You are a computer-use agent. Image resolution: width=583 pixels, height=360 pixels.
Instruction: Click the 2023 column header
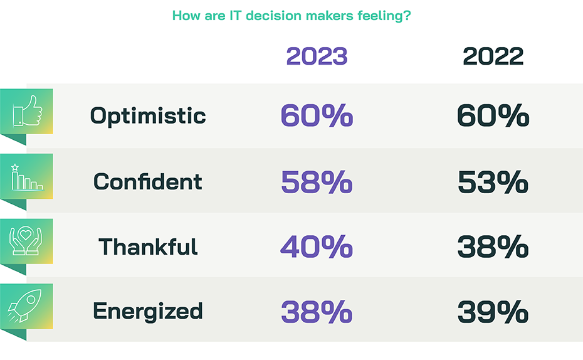[317, 56]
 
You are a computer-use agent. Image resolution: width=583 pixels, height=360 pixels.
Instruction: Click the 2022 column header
[493, 56]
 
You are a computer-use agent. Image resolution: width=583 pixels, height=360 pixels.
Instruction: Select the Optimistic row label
[148, 116]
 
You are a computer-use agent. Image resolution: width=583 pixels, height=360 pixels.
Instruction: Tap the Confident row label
[148, 182]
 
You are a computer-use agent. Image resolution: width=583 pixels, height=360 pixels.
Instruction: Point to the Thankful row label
[148, 246]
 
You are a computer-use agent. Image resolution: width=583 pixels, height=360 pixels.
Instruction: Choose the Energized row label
[148, 311]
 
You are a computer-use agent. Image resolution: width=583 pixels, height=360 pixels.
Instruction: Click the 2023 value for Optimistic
[317, 117]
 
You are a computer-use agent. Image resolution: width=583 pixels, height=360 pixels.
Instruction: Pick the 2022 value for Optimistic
[493, 117]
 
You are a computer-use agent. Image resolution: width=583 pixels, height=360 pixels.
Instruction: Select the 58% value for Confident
[317, 182]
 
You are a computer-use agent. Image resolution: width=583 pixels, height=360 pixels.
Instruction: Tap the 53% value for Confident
[493, 182]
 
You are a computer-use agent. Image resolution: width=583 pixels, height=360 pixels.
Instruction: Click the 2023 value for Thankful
[317, 247]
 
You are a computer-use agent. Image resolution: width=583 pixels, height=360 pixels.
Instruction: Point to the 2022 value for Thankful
[493, 247]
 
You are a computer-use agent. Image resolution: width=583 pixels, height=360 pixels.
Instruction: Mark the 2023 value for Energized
[317, 312]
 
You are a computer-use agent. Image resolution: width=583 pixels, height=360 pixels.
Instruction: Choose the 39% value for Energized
[493, 312]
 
